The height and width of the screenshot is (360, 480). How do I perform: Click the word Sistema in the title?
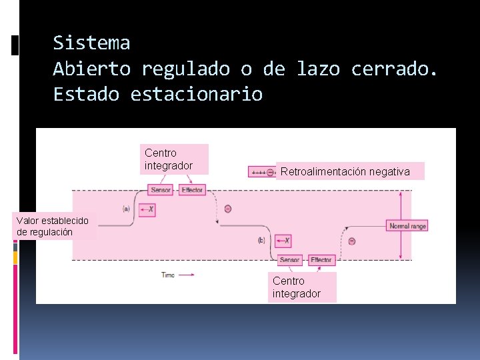91,43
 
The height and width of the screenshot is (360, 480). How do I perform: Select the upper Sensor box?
161,190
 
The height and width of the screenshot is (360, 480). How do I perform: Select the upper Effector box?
193,190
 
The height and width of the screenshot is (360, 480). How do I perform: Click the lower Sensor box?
290,259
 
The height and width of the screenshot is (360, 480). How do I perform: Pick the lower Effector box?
321,259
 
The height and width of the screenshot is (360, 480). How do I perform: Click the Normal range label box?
408,226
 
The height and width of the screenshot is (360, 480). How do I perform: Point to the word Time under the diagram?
168,274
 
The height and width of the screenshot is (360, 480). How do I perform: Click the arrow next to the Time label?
187,274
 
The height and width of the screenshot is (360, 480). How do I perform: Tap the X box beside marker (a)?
148,209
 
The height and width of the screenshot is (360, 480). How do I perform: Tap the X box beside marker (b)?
283,240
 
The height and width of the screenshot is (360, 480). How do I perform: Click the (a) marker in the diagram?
126,209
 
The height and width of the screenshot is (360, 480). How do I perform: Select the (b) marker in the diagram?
261,240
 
